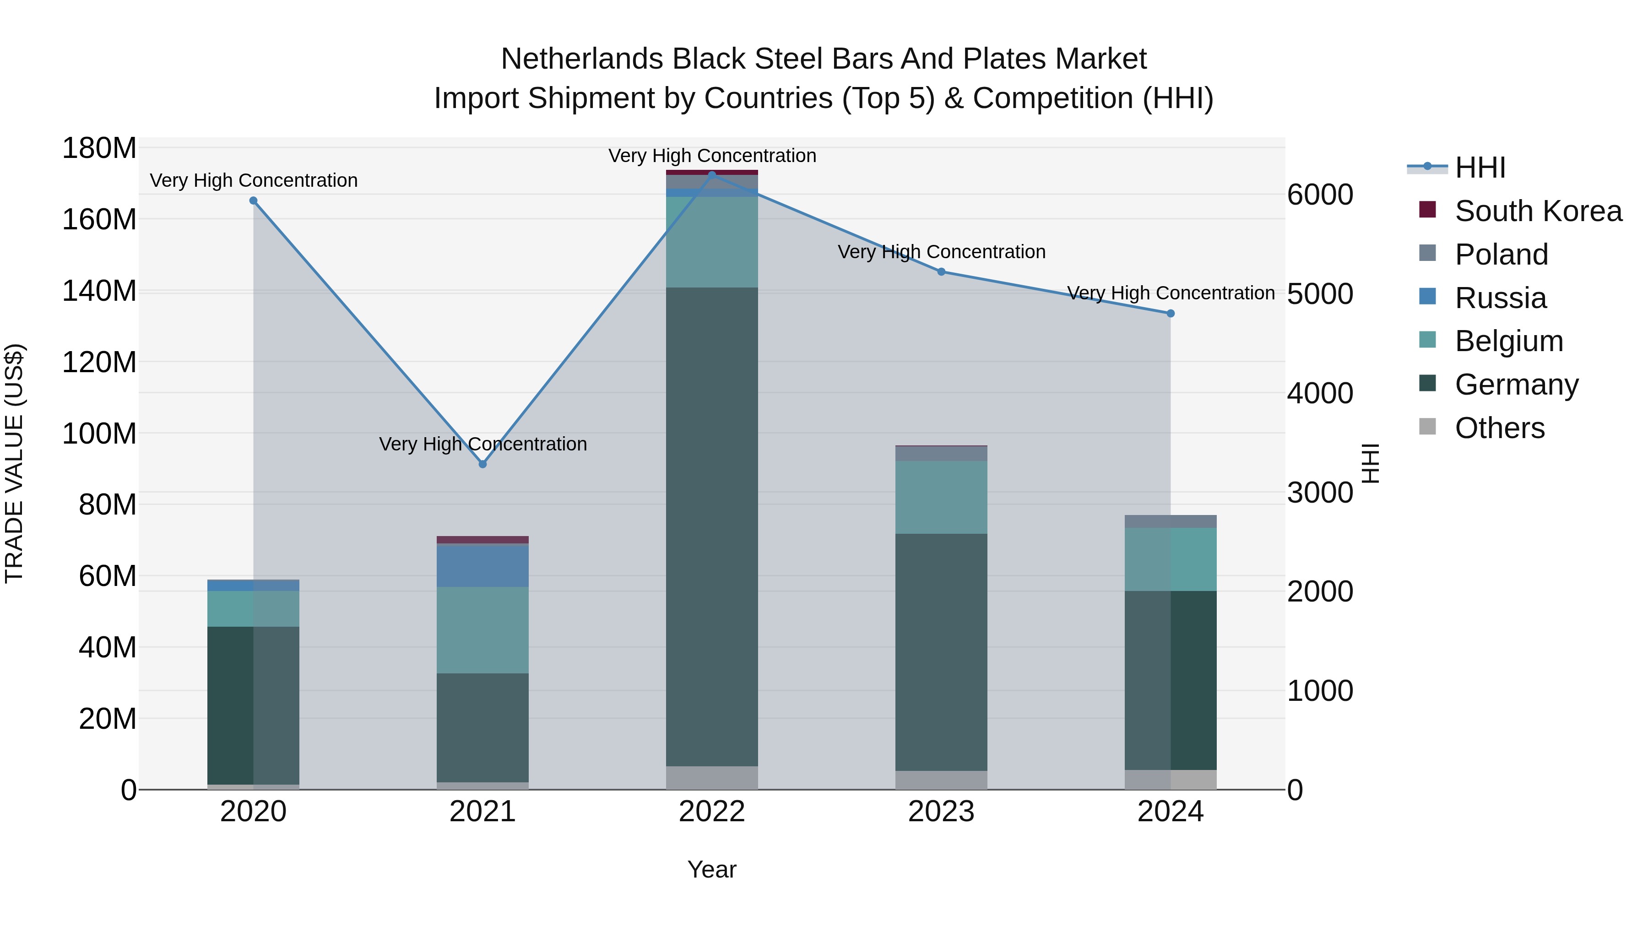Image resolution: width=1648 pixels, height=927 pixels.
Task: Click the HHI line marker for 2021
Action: (482, 464)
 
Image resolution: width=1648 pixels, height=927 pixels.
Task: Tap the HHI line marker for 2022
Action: (712, 175)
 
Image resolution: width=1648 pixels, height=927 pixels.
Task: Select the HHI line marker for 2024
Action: (1170, 314)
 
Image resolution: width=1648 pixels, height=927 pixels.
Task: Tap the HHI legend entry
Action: (1480, 168)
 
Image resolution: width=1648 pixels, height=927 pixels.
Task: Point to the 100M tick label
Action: (99, 434)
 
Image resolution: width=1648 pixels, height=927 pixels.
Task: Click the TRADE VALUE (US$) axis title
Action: (14, 463)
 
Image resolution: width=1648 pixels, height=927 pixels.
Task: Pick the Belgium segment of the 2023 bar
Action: (941, 497)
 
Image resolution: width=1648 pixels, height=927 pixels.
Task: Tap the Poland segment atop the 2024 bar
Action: (1170, 521)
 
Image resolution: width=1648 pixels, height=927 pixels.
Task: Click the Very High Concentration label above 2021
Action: (482, 444)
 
